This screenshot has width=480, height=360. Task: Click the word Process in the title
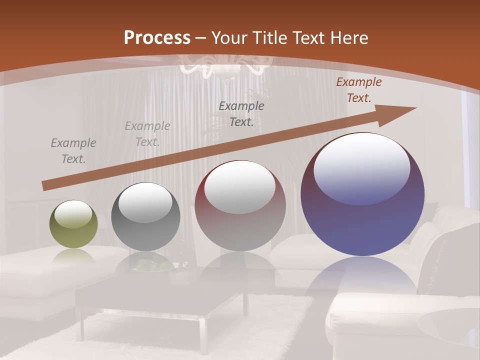point(157,38)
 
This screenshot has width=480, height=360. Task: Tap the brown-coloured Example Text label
point(359,90)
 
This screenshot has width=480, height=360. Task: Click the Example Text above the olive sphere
point(73,151)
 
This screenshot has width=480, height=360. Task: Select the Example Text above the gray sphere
point(147,134)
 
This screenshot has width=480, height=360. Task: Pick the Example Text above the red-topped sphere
point(241,113)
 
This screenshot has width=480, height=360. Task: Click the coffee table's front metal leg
point(202,335)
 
